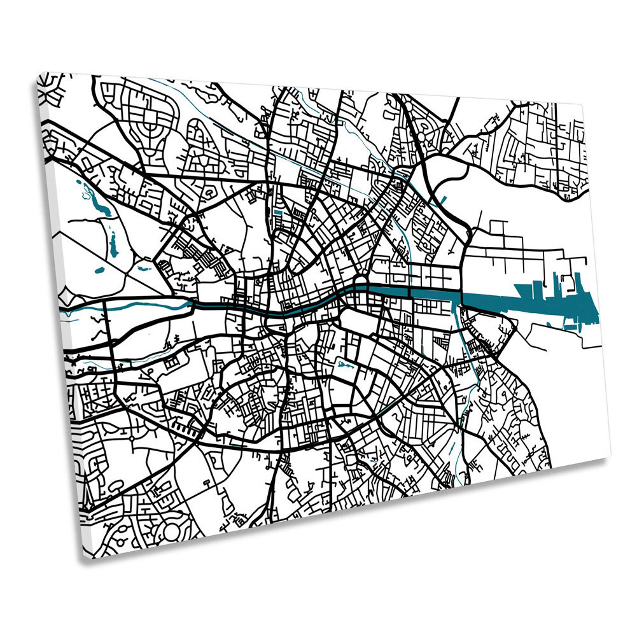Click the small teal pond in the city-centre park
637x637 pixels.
click(x=344, y=365)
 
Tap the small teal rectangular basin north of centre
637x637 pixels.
click(x=277, y=214)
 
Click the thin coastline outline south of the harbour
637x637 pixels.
click(x=560, y=337)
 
